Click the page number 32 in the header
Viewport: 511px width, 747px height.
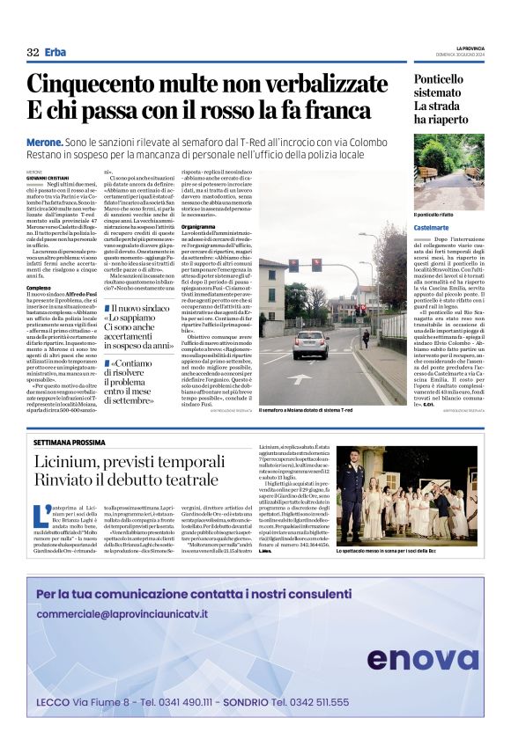point(33,52)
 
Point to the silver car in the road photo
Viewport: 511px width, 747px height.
point(310,342)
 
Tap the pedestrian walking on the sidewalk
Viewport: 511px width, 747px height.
point(365,339)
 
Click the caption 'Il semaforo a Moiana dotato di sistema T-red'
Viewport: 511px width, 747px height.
point(306,410)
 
